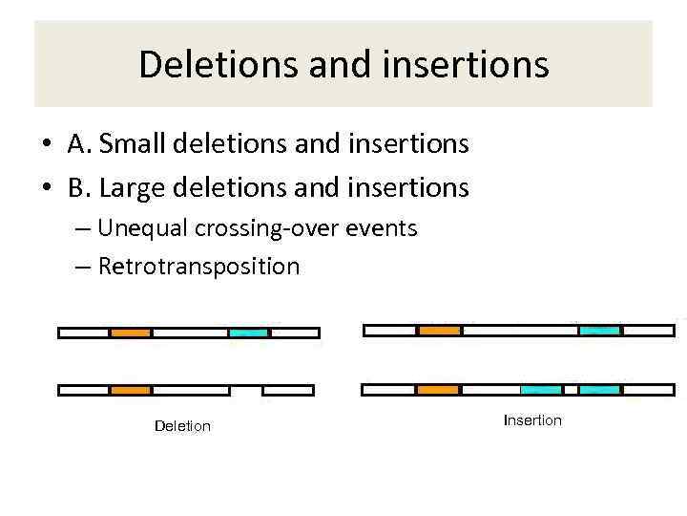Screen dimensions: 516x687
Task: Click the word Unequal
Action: (x=145, y=228)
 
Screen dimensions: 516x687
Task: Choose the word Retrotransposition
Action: (x=198, y=266)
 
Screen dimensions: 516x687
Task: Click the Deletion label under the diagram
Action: (x=182, y=426)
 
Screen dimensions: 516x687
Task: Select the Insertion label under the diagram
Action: (x=532, y=420)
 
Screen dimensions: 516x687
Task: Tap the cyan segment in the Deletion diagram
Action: (x=249, y=333)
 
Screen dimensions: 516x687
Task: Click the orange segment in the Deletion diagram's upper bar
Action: (x=131, y=333)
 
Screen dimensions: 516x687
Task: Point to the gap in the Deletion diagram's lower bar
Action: (x=246, y=390)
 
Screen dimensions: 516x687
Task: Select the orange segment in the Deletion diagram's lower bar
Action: (x=131, y=390)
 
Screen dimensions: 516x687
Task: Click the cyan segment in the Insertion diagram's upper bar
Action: (x=600, y=331)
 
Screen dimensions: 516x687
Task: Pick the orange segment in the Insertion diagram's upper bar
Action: (x=440, y=331)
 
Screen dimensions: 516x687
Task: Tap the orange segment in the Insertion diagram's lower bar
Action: (x=439, y=390)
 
